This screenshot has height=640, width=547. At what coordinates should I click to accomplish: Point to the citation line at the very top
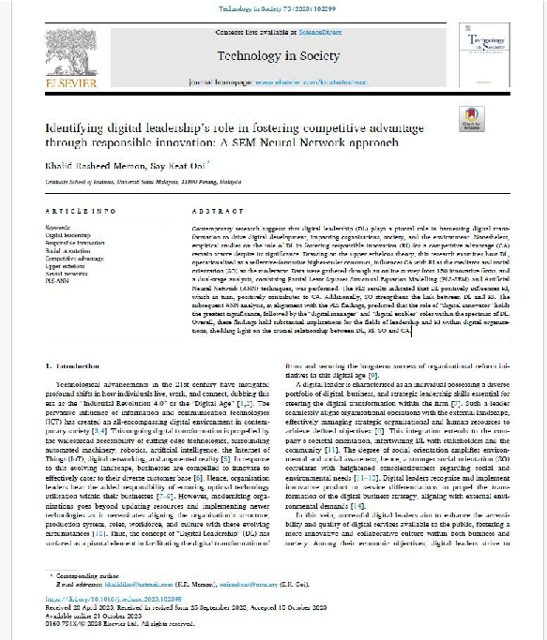point(273,7)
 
